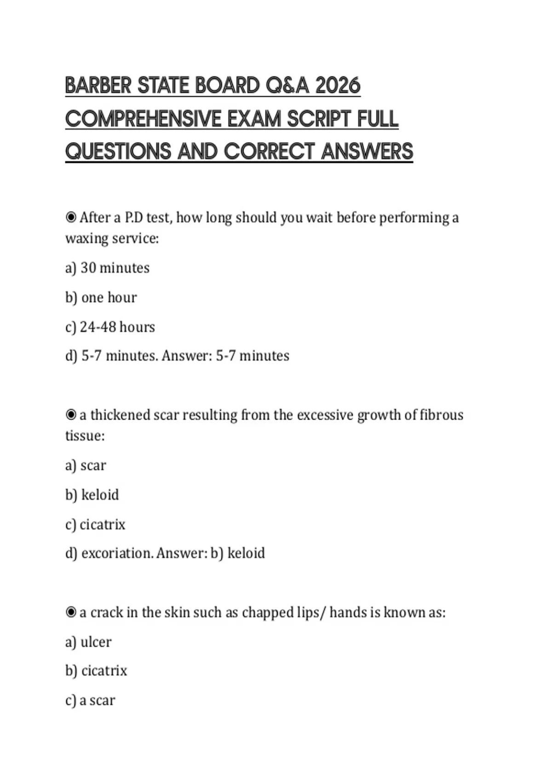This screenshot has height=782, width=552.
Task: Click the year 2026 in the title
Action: pyautogui.click(x=338, y=86)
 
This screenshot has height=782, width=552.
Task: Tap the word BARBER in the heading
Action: pyautogui.click(x=98, y=86)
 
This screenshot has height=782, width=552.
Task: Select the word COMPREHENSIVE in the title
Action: pyautogui.click(x=143, y=119)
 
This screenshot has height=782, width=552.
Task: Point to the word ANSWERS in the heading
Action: pyautogui.click(x=367, y=152)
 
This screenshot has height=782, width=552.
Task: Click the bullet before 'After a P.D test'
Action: pyautogui.click(x=71, y=217)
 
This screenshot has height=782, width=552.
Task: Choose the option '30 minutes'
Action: pyautogui.click(x=107, y=268)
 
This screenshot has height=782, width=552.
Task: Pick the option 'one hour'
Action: pyautogui.click(x=101, y=298)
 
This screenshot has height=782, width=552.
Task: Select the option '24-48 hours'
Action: pyautogui.click(x=110, y=327)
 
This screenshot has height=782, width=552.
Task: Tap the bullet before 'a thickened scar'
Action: pyautogui.click(x=71, y=415)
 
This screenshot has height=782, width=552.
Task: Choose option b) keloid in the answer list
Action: pyautogui.click(x=92, y=495)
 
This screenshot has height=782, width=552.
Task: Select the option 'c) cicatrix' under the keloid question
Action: pyautogui.click(x=95, y=524)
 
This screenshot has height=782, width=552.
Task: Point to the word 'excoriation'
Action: pyautogui.click(x=117, y=553)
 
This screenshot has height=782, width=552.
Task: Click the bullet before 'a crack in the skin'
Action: pyautogui.click(x=71, y=612)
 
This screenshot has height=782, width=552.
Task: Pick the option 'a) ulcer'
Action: pyautogui.click(x=88, y=642)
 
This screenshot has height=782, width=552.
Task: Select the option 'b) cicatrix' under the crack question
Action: pyautogui.click(x=96, y=671)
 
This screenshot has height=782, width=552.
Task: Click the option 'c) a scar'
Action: pyautogui.click(x=90, y=700)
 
